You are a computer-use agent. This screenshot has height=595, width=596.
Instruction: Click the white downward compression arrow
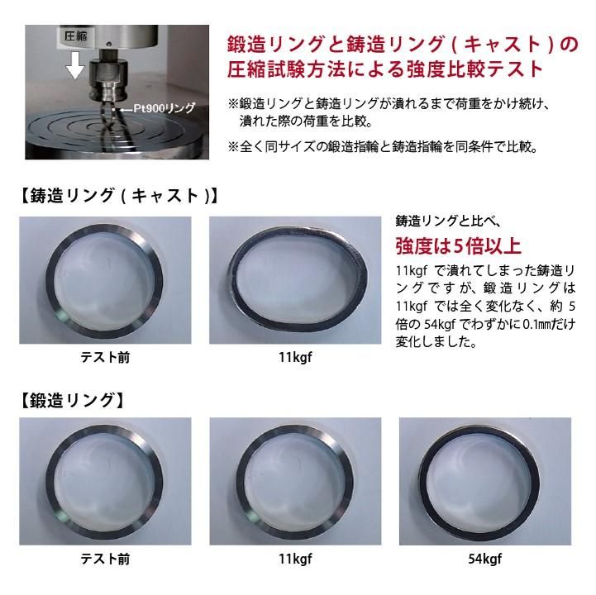pos(76,65)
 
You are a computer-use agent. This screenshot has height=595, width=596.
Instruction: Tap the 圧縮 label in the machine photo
pos(76,36)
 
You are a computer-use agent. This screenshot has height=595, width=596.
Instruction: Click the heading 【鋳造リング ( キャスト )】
pos(118,196)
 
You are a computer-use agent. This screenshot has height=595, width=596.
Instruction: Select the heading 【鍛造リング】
pos(71,401)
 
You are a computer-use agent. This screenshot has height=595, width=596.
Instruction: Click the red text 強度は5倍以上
pos(458,245)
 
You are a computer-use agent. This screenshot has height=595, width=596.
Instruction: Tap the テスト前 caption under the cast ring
pos(105,358)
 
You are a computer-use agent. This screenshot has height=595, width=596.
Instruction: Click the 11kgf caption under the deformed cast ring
pos(295,358)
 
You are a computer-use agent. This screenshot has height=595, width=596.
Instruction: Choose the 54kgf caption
pos(485,559)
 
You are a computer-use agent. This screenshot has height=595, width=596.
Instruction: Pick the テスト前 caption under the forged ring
pos(105,559)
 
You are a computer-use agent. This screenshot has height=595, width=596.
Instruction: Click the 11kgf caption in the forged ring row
pos(295,559)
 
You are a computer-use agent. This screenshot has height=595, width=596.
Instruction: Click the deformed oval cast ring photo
pos(295,280)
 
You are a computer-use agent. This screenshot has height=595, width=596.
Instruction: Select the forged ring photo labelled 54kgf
pos(485,482)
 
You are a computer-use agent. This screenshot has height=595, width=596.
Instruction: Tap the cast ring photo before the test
pos(105,280)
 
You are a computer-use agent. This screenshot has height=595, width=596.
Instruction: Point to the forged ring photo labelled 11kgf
pos(295,482)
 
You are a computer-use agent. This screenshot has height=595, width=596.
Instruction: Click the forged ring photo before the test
pos(105,482)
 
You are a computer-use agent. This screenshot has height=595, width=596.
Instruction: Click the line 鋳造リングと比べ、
pos(448,221)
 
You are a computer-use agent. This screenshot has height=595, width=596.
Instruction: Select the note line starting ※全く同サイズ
pos(383,146)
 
